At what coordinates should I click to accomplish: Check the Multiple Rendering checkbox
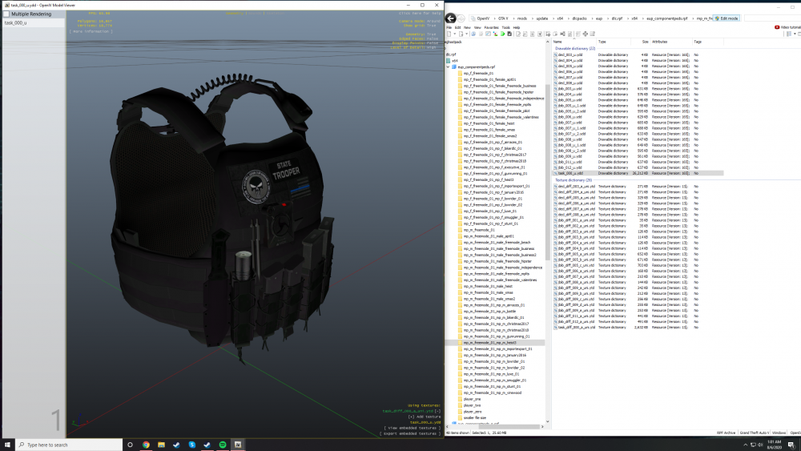pos(7,14)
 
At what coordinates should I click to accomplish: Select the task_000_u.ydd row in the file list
pos(570,173)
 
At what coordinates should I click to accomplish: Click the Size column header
pos(645,41)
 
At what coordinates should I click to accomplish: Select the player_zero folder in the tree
pos(475,411)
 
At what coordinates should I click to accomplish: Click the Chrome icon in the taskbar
pos(146,444)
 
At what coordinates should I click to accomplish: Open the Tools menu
pos(505,27)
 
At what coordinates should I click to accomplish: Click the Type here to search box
pos(68,444)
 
